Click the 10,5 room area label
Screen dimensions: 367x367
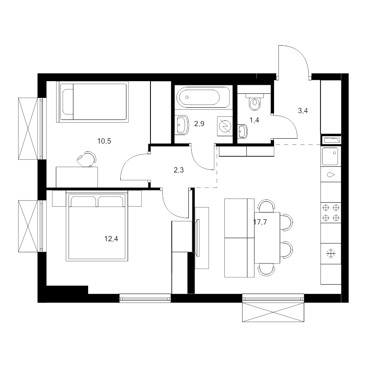tap(104, 141)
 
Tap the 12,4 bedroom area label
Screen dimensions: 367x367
tap(111, 239)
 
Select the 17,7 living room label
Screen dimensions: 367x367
tap(260, 222)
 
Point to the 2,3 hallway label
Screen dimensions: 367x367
tap(179, 170)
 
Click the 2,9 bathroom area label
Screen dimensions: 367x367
tap(199, 124)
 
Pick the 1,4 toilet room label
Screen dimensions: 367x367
tap(254, 120)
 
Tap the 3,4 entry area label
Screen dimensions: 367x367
tap(303, 111)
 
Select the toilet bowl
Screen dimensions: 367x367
tap(254, 102)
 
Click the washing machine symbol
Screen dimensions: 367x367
tap(225, 126)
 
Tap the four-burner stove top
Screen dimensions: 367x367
tap(331, 213)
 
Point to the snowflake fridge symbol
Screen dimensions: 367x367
tap(331, 254)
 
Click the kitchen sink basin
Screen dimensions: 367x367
tap(330, 156)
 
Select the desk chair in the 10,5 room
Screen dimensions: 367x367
tap(86, 159)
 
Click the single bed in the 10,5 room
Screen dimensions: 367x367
tap(93, 102)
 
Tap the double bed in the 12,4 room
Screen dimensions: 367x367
tap(97, 226)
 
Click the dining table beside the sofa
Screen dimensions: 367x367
tap(267, 238)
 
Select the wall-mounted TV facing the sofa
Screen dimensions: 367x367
tap(198, 238)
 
